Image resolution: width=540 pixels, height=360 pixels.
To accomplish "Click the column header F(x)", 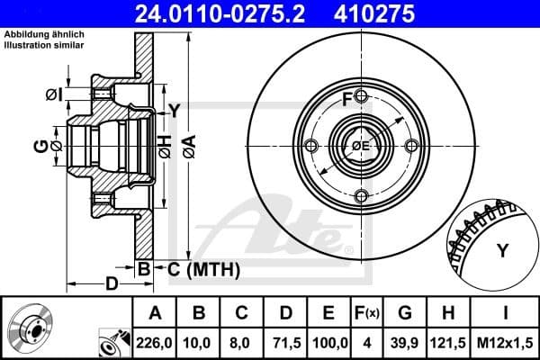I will coord(367,314).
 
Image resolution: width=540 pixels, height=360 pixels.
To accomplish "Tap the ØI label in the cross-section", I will coord(52,94).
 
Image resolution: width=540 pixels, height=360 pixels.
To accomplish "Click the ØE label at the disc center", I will coord(360,146).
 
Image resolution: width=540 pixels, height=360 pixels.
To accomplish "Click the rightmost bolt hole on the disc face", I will coord(410,146).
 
